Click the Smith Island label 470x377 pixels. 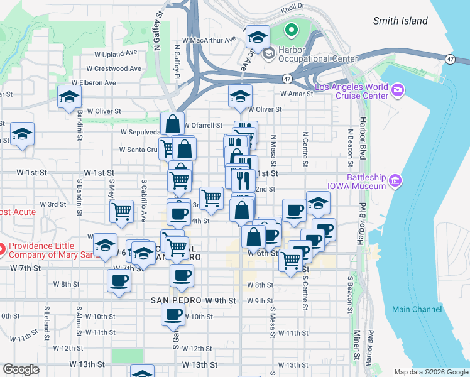(x=400, y=21)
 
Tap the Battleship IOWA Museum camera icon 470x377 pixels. (x=395, y=182)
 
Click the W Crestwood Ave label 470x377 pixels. (x=114, y=68)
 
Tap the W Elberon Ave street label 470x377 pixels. (x=94, y=82)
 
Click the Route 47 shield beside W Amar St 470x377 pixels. (x=287, y=79)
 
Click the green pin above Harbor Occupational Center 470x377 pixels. (x=291, y=29)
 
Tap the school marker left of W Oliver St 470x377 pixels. (x=69, y=97)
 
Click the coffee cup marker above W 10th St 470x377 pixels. (x=173, y=314)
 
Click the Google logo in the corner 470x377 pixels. (x=21, y=369)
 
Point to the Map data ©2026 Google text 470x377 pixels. (x=430, y=372)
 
